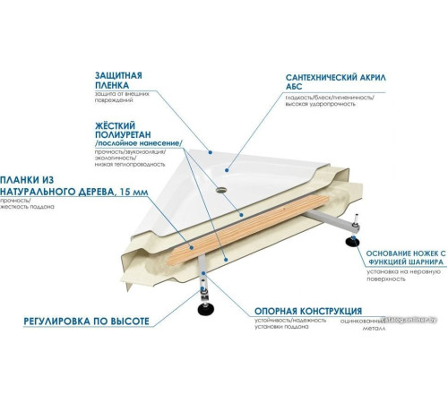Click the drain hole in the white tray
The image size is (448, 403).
tap(221, 190)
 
